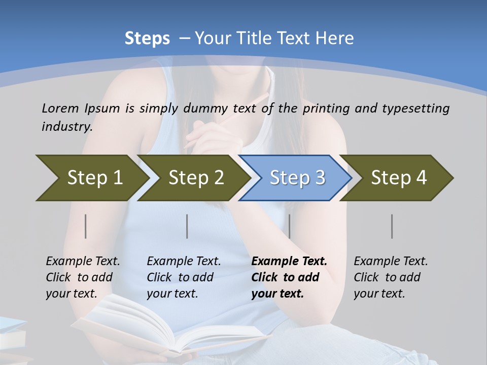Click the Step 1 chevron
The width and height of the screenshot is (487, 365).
point(91,178)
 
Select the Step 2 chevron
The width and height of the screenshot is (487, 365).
point(193,178)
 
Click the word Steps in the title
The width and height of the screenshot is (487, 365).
point(147,39)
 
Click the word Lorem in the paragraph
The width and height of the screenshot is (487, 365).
point(60,108)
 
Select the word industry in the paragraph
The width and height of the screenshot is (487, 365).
point(66,126)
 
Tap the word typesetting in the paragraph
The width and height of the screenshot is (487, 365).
point(415,108)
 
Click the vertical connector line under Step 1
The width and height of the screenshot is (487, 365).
point(86,226)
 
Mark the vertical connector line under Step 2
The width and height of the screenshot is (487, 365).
point(187,226)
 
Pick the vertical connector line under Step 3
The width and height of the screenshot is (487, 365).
point(290,226)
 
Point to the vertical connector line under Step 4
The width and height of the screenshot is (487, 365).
point(392,226)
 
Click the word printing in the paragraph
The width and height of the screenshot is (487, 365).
point(327,108)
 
